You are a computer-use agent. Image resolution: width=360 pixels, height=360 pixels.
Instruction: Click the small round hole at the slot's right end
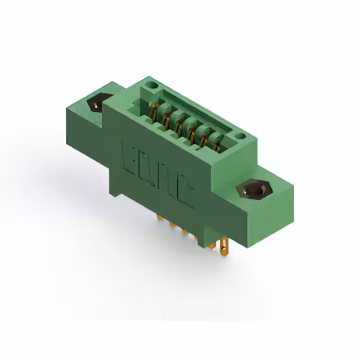pyautogui.click(x=240, y=136)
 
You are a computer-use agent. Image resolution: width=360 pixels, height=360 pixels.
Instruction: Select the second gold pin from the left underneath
pyautogui.click(x=171, y=225)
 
